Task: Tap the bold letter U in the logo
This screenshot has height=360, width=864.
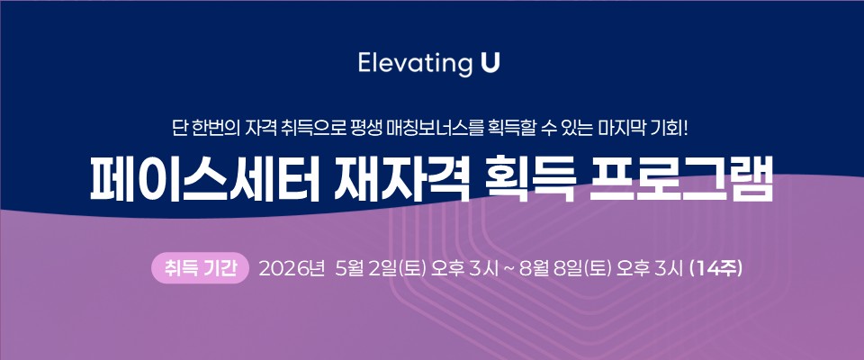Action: tap(490, 62)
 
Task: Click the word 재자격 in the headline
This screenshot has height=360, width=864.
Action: tap(401, 179)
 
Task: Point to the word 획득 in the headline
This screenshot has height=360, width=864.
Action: tap(529, 179)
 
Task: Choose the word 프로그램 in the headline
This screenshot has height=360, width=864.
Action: tap(681, 179)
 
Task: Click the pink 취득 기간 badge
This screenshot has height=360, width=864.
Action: tap(201, 268)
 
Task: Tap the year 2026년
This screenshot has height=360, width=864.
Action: tap(291, 268)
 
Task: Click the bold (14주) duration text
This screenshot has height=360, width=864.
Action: tap(715, 268)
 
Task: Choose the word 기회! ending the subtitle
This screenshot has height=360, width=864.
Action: tap(670, 130)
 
